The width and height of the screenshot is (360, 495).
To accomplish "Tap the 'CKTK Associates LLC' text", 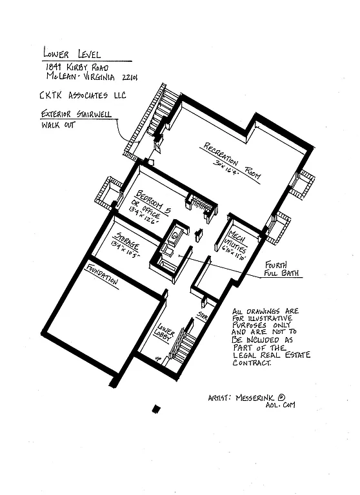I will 83,96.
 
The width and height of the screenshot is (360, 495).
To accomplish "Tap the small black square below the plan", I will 155,408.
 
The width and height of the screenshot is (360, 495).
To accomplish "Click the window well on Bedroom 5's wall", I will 108,192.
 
